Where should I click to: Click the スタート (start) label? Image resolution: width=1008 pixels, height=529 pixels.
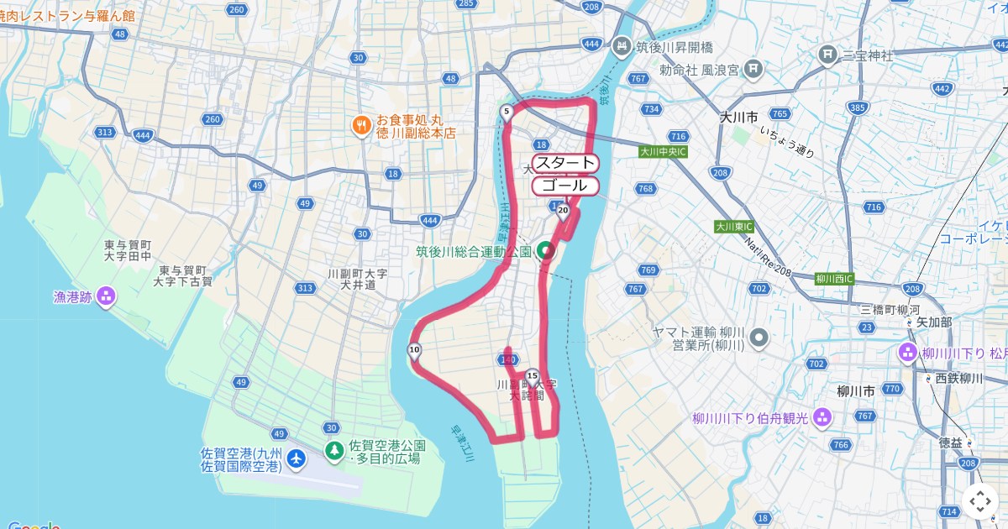click(565, 163)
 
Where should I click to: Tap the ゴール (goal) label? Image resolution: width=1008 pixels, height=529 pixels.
click(565, 186)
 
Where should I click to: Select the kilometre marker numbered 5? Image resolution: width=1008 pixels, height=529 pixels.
click(507, 112)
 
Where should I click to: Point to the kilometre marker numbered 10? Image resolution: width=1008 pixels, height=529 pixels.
click(414, 350)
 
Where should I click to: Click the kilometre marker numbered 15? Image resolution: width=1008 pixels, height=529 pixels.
click(532, 376)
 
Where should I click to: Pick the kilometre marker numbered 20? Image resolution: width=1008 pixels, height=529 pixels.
click(563, 210)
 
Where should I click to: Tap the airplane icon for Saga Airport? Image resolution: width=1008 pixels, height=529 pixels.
click(296, 458)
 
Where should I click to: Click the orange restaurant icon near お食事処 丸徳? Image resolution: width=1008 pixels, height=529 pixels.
click(360, 125)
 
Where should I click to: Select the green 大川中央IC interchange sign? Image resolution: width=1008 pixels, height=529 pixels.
click(663, 152)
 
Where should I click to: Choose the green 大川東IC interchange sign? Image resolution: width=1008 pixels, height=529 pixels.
click(734, 227)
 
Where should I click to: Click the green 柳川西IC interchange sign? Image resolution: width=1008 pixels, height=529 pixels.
click(834, 279)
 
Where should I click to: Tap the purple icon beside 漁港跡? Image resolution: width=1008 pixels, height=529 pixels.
click(106, 296)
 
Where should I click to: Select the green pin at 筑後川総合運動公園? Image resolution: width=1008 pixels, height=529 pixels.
click(545, 250)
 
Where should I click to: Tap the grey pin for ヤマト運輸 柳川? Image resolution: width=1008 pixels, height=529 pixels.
click(759, 338)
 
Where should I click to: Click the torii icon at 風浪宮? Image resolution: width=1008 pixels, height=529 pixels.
click(753, 68)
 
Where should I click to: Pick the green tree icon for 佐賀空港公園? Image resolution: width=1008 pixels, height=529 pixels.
click(334, 451)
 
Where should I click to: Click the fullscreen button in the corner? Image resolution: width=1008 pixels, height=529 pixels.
click(980, 501)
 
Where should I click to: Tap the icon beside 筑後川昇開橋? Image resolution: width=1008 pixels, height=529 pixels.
click(622, 46)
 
